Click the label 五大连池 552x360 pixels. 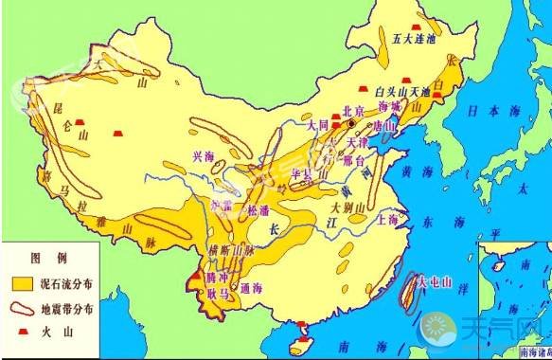coord(415,39)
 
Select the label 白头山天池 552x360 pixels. coord(402,91)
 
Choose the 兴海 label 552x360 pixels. coord(204,156)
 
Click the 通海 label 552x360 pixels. coord(251,288)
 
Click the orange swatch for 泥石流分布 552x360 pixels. coord(23,282)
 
